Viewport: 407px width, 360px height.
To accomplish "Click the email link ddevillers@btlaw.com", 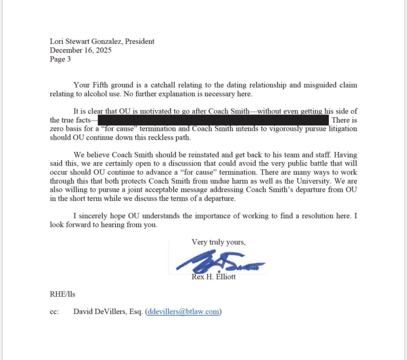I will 183,312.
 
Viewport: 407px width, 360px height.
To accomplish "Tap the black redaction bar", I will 213,120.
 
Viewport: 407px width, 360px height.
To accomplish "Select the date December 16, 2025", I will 80,50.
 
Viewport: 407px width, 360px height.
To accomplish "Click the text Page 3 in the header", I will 60,59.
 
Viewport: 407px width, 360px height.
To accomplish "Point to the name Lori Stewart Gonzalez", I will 86,41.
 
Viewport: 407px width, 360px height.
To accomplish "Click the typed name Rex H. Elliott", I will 213,277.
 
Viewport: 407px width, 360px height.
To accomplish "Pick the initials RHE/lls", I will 62,294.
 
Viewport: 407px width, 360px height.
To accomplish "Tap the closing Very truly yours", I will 219,242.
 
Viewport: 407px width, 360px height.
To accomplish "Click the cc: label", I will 54,312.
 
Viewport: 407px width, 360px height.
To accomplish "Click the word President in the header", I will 139,41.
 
